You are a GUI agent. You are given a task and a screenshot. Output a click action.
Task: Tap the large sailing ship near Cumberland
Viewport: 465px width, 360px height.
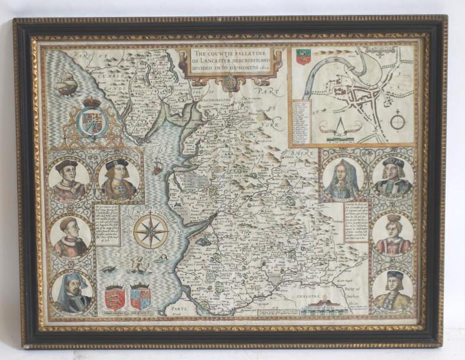tap(67, 83)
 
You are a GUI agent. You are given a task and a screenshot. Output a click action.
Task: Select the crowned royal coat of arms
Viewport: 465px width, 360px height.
tap(92, 120)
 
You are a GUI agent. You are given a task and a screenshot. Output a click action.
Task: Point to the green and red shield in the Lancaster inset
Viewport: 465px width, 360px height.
tap(303, 56)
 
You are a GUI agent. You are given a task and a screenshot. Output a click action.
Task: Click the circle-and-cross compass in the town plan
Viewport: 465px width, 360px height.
tap(397, 122)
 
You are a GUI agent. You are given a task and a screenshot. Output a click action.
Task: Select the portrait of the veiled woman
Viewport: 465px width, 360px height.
tap(343, 178)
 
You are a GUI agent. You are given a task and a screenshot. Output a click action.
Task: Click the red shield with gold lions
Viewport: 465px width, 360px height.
tap(114, 297)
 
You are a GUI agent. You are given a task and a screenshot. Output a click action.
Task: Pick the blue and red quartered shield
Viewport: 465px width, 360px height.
tap(140, 297)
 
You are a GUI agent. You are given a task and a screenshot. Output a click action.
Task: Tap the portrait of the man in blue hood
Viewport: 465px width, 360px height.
tap(71, 292)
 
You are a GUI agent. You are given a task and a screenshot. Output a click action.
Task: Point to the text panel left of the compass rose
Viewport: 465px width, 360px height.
tap(107, 224)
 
